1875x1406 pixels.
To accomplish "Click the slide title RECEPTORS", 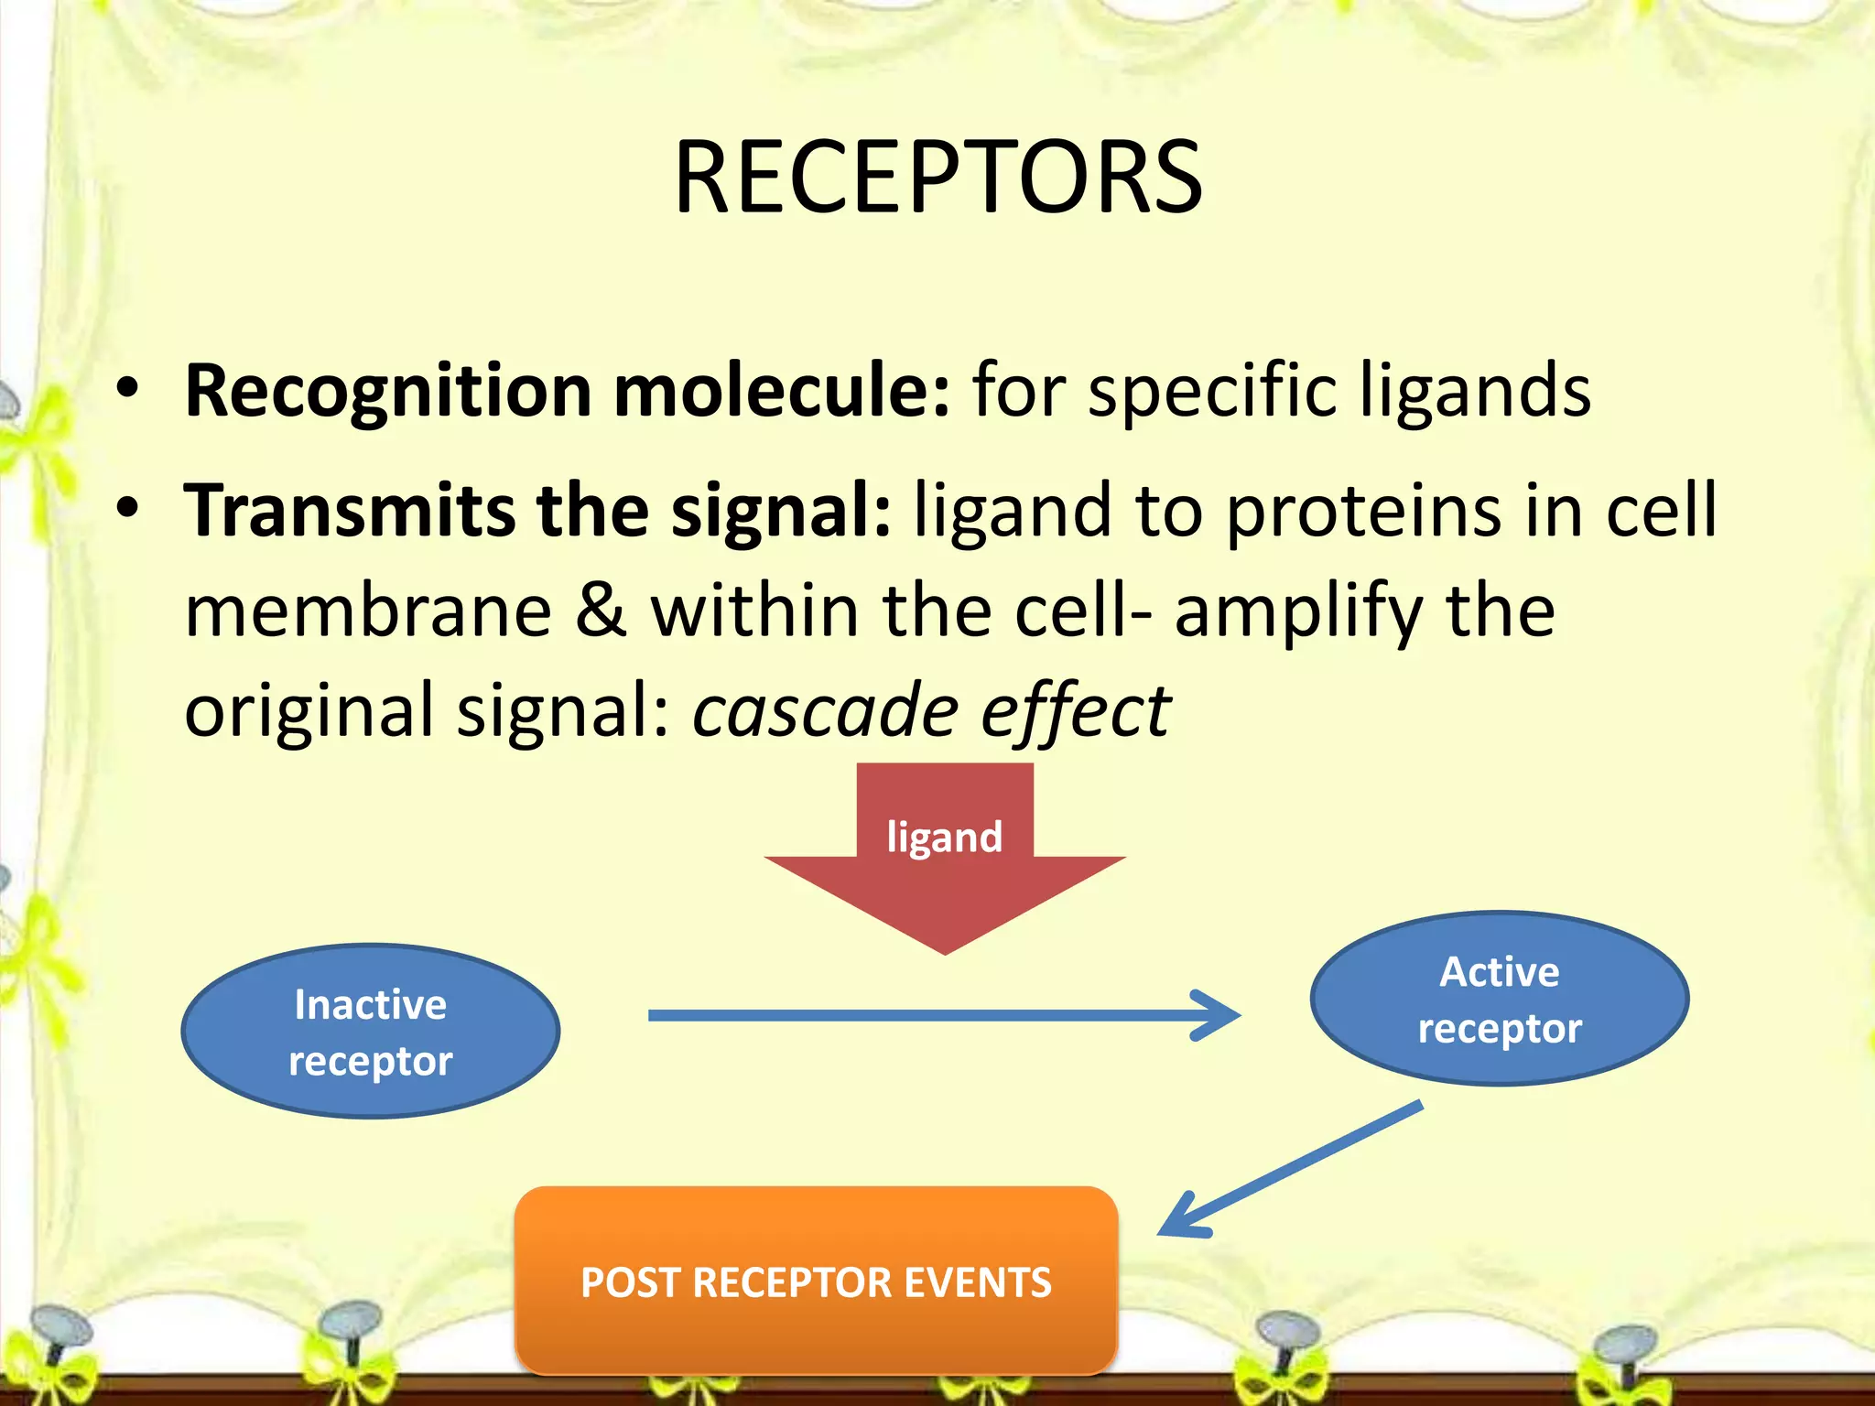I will click(937, 178).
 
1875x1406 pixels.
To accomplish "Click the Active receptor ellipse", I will click(1499, 999).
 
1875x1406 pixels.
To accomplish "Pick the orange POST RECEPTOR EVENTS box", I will click(816, 1281).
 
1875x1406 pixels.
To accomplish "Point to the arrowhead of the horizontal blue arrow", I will click(1222, 1015).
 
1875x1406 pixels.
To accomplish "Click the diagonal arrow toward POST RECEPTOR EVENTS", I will click(1291, 1168).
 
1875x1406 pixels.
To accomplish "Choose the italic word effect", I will click(1075, 711).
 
